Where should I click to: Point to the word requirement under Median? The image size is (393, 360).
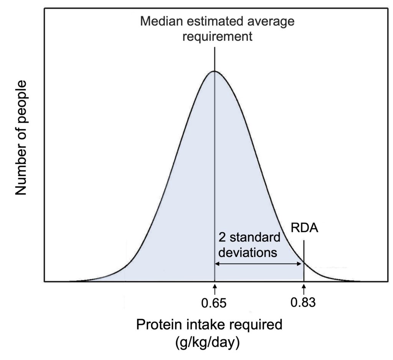217,37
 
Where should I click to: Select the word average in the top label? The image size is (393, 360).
272,21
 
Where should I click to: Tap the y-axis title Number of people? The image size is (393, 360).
21,138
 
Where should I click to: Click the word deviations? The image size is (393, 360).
248,253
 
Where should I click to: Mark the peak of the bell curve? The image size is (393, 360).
214,71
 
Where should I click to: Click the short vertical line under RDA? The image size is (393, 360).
304,261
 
